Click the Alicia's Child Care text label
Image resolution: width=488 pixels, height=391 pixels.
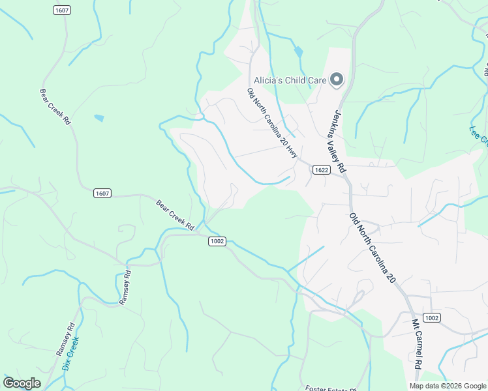tap(290, 80)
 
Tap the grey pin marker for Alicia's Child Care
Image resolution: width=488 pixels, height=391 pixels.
tap(337, 80)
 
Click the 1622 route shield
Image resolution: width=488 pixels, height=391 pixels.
tap(320, 170)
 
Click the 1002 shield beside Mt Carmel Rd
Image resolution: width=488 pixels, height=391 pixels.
tap(431, 317)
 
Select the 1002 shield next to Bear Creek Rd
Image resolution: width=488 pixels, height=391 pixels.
tap(217, 241)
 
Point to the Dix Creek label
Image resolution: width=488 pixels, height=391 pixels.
tap(70, 354)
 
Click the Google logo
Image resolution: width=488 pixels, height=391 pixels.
tap(22, 383)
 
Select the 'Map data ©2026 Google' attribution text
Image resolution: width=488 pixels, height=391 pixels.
tap(448, 386)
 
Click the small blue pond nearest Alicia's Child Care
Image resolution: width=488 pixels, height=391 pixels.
tap(298, 51)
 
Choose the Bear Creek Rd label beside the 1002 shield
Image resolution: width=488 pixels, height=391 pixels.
tap(175, 215)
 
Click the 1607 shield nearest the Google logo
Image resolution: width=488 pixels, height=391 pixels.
tap(102, 193)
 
